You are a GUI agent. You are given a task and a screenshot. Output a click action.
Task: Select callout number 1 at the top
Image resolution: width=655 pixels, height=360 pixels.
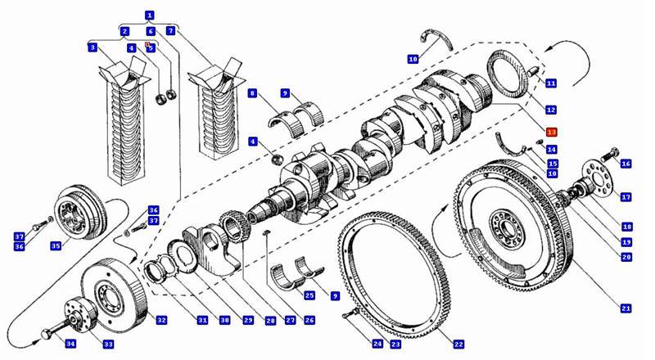click(150, 15)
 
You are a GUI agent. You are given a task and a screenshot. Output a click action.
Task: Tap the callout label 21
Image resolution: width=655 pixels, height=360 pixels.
click(626, 308)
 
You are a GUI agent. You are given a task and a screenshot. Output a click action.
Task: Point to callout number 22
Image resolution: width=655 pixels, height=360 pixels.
click(458, 344)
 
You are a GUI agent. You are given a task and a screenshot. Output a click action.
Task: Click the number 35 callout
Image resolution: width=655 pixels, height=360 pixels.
click(56, 245)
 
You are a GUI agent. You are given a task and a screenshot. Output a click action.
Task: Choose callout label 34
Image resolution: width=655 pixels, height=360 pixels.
click(70, 344)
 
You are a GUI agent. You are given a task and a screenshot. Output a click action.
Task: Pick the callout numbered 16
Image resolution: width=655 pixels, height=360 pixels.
click(626, 164)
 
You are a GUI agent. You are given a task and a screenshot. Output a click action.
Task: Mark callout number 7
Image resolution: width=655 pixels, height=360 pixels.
click(170, 31)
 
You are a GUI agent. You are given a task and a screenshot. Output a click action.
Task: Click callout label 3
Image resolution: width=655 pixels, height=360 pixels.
click(93, 48)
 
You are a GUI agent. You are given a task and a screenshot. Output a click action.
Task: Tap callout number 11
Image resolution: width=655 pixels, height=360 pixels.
click(551, 83)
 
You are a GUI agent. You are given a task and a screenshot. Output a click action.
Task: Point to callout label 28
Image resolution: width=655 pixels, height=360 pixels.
click(269, 321)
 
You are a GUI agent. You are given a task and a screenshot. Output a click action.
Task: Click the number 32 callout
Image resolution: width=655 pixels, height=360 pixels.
click(161, 321)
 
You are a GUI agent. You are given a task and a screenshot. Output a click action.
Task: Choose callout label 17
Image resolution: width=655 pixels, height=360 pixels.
click(626, 197)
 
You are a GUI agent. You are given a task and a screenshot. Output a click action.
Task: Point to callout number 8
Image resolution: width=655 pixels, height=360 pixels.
click(253, 93)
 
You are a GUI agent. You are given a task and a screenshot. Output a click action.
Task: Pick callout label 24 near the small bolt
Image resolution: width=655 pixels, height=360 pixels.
click(377, 344)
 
